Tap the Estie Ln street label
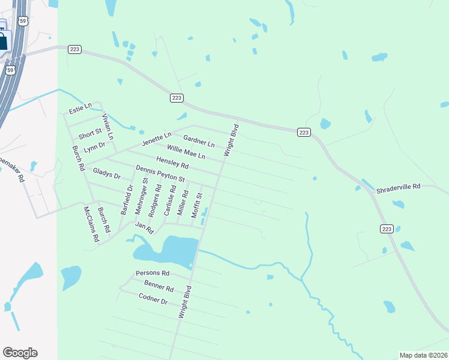(x=80, y=108)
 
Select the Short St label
(x=90, y=133)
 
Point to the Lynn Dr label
(x=94, y=146)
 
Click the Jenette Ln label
(x=157, y=139)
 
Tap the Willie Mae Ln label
(x=186, y=152)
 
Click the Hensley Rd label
(x=172, y=162)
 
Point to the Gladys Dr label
(x=107, y=174)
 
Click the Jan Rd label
(x=145, y=227)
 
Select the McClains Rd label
(x=91, y=224)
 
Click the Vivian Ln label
(x=107, y=123)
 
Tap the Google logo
(x=20, y=353)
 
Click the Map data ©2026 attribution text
(x=423, y=355)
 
